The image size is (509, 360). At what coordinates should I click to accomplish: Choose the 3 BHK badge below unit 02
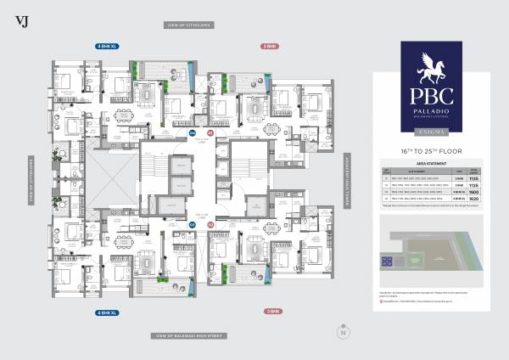pyautogui.click(x=272, y=312)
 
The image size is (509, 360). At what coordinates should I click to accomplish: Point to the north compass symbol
pyautogui.click(x=343, y=331)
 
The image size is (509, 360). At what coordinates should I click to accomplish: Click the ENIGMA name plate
pyautogui.click(x=431, y=131)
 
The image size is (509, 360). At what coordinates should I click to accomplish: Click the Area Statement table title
pyautogui.click(x=431, y=162)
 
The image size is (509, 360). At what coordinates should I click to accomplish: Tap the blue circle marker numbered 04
pyautogui.click(x=192, y=134)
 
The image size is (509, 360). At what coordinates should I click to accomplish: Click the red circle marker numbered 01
pyautogui.click(x=211, y=134)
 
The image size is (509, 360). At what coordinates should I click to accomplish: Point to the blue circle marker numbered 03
pyautogui.click(x=192, y=225)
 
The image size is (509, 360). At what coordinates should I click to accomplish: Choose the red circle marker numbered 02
pyautogui.click(x=211, y=225)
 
